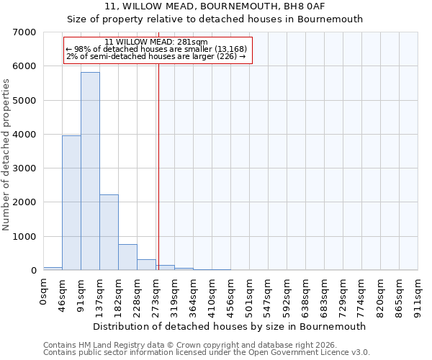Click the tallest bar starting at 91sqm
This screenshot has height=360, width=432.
coord(90,171)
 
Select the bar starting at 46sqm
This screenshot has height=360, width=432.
coord(71,203)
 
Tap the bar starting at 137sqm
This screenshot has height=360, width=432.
coord(109,233)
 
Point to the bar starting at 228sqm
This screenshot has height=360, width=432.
coord(146,264)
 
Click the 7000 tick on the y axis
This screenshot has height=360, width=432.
coord(23,32)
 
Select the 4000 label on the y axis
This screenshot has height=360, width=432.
coord(23,135)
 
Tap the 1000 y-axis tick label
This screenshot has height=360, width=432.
coord(23,237)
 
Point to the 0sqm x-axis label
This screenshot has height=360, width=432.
coord(44,292)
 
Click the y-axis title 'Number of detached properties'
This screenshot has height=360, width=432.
coord(7,154)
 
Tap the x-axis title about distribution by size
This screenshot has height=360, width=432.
coord(230,326)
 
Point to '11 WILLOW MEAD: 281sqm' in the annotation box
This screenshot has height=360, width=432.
coord(156,42)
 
